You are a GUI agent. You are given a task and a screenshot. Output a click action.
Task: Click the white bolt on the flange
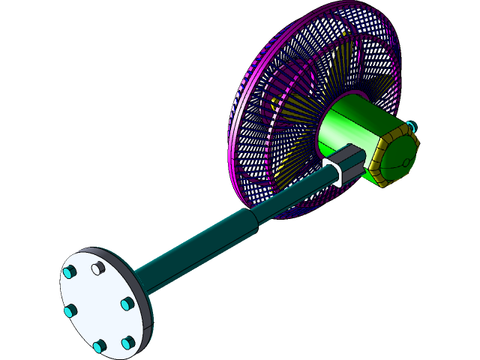click(x=96, y=268)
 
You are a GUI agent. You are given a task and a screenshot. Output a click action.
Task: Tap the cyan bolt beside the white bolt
click(x=70, y=272)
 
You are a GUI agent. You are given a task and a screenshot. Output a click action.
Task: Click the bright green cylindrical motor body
click(x=352, y=127)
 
